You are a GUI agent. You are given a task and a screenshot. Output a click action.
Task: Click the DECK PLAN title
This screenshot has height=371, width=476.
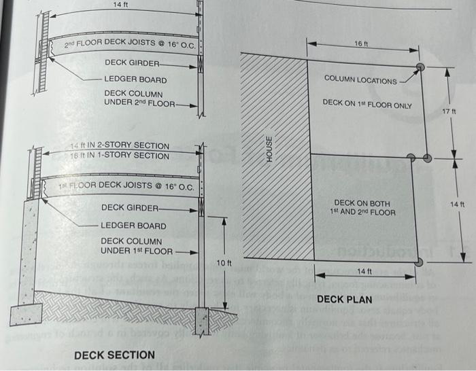click(x=344, y=299)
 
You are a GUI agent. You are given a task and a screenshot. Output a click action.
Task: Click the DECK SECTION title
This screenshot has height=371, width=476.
click(x=114, y=355)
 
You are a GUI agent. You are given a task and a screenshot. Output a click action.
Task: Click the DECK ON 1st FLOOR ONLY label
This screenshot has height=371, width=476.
click(x=367, y=104)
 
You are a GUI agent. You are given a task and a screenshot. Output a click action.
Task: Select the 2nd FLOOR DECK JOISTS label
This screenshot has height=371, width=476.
click(x=130, y=45)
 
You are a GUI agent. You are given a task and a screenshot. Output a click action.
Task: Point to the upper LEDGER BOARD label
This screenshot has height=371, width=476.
click(x=135, y=79)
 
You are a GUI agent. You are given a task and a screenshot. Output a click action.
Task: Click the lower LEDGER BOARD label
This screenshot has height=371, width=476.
click(x=133, y=225)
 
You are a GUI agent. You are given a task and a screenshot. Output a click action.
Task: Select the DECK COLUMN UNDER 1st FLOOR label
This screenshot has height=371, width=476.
click(x=136, y=246)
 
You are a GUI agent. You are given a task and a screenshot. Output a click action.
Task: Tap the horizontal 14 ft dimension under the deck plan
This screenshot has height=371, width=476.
click(x=364, y=271)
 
